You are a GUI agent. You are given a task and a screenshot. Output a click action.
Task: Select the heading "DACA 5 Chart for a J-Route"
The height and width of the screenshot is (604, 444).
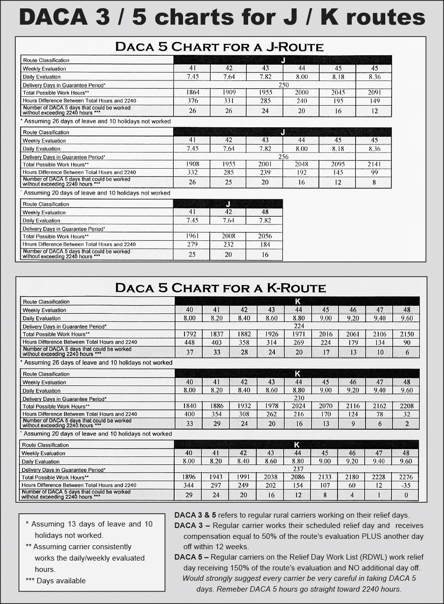[x=219, y=47]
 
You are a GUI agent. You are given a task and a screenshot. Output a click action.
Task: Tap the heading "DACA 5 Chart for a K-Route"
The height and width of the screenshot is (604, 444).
[x=220, y=288]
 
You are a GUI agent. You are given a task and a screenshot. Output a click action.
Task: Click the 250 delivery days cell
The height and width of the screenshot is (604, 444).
[x=283, y=85]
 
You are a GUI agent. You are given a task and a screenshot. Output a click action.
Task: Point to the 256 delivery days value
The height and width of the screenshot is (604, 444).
[x=283, y=156]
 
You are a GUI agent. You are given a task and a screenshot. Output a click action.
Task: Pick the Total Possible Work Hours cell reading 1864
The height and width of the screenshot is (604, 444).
[x=192, y=92]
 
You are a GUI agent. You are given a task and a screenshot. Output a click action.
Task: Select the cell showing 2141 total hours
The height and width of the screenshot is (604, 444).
[x=374, y=164]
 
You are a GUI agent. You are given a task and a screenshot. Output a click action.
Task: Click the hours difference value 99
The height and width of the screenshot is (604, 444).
[x=374, y=172]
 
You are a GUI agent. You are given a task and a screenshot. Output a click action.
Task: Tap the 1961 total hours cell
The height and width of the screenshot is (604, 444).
[x=192, y=236]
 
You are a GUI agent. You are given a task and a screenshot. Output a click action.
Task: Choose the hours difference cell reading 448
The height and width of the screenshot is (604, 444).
[x=190, y=342]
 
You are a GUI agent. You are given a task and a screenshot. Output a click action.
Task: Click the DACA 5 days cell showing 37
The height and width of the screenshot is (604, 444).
[x=190, y=352]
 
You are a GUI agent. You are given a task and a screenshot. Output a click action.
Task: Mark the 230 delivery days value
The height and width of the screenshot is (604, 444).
[x=298, y=398]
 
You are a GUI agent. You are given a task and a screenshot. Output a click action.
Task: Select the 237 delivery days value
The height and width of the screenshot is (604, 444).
[x=298, y=469]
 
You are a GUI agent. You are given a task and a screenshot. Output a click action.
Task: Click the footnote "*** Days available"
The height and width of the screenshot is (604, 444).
[x=56, y=580]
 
